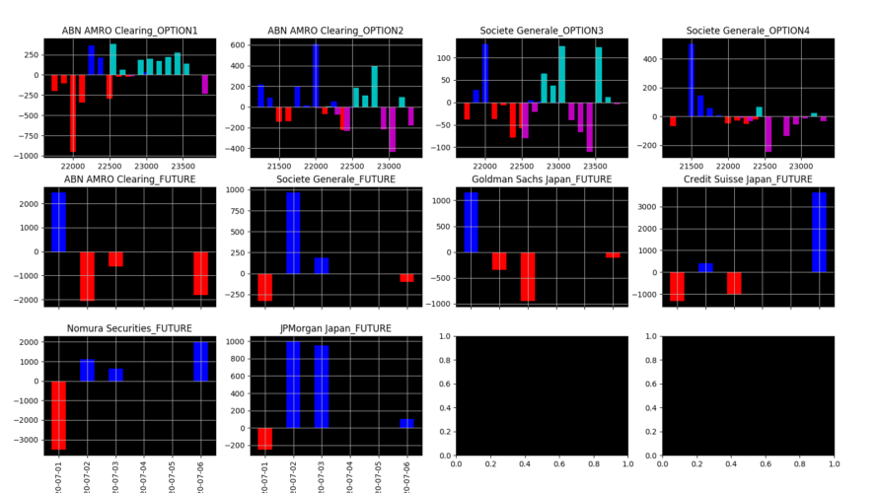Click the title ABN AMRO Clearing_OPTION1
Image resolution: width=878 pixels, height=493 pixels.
click(130, 31)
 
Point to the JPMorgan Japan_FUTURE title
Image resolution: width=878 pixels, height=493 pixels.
click(335, 327)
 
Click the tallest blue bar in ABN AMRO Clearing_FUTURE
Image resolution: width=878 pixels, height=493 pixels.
click(59, 222)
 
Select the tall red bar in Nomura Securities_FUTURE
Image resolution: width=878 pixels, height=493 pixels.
click(59, 415)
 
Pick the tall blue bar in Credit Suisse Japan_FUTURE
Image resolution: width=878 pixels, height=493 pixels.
click(819, 233)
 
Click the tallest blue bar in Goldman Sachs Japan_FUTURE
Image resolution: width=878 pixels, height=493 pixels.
click(471, 222)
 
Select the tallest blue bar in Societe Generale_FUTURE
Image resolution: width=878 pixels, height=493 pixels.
click(293, 233)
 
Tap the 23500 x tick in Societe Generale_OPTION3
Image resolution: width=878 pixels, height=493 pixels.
click(597, 166)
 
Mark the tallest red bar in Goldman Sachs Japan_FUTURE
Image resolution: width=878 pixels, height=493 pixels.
click(528, 277)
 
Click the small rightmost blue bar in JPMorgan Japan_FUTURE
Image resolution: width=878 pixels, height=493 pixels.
click(407, 423)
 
